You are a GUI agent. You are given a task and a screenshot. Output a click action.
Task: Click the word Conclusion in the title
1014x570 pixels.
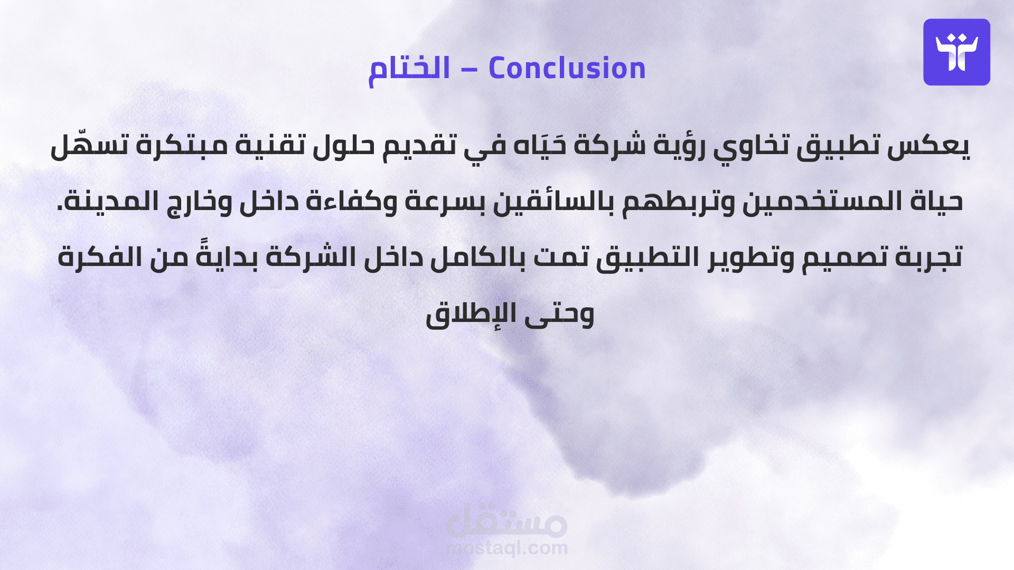coord(567,68)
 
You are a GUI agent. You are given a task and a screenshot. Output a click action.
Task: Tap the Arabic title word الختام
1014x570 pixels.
coord(409,69)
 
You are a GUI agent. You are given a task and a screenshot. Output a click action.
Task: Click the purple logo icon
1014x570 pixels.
coord(956,52)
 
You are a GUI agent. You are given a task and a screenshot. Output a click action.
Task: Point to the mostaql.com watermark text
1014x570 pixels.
coord(507,548)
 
